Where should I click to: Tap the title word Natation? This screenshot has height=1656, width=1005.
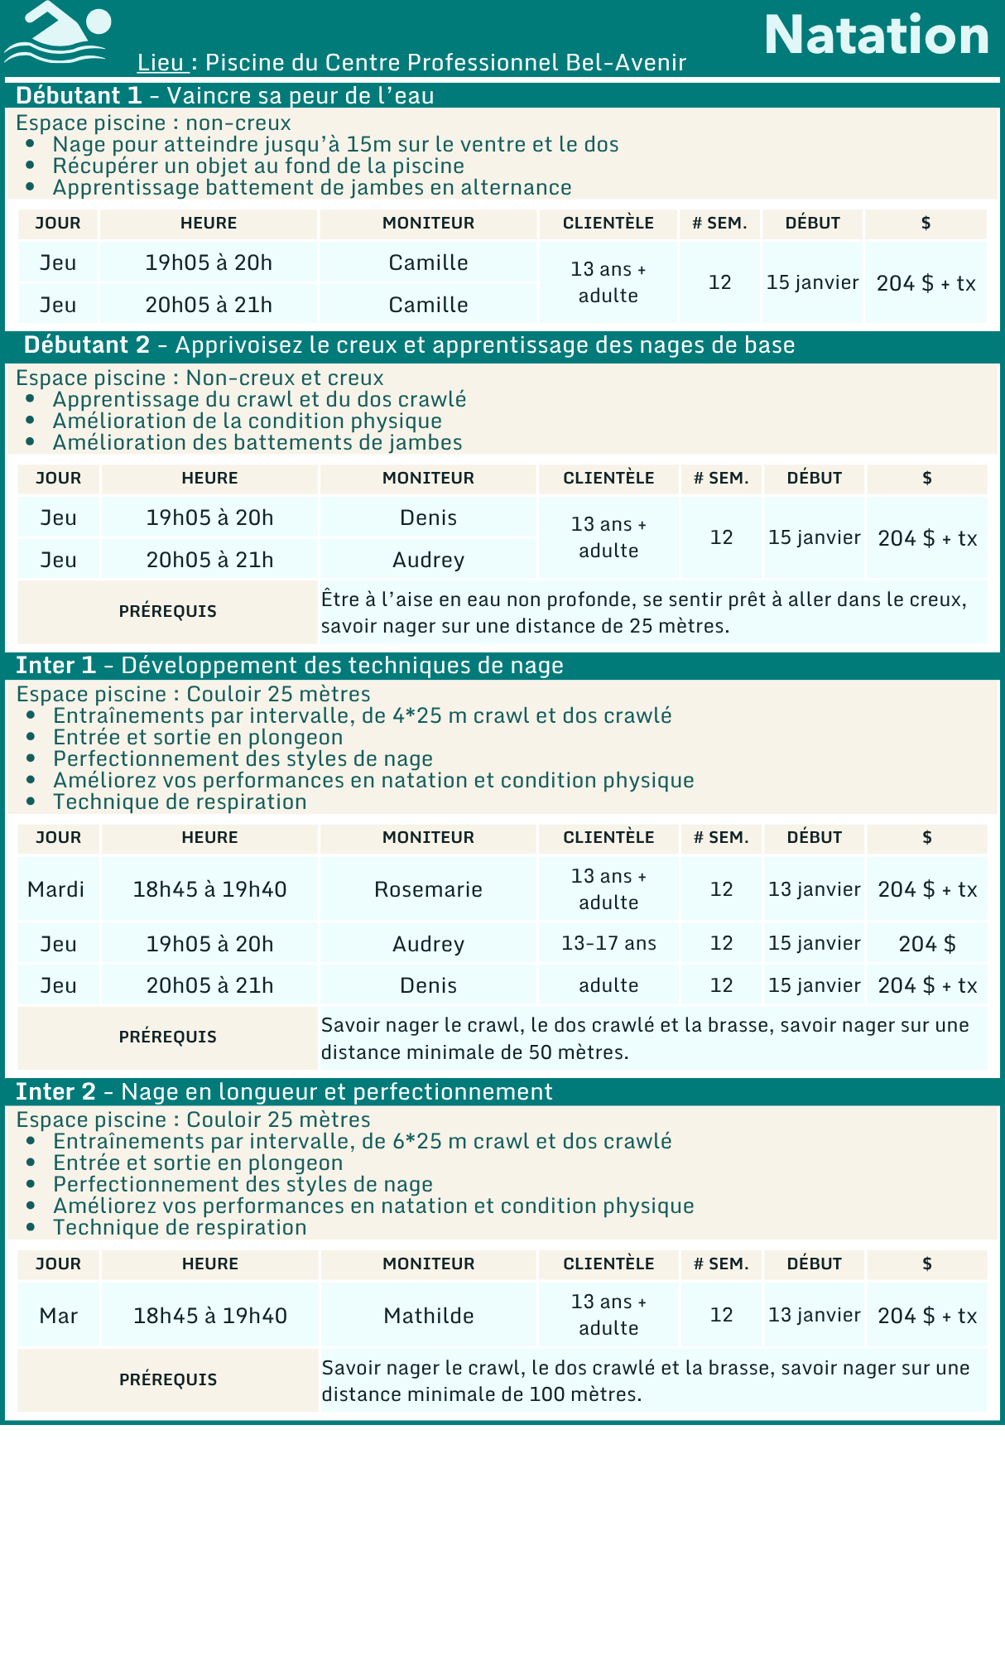876,35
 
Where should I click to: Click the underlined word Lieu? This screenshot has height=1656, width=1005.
161,62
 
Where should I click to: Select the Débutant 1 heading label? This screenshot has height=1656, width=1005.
79,95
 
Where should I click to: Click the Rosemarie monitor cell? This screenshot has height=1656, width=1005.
428,889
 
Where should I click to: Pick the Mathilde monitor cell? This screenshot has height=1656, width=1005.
428,1315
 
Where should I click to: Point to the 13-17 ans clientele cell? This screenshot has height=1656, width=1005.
608,943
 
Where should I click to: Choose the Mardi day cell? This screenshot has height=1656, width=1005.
56,889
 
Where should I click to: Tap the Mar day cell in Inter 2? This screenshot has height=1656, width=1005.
58,1315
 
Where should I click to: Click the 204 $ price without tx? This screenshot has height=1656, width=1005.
926,944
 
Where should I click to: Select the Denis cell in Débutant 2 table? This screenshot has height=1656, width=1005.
428,517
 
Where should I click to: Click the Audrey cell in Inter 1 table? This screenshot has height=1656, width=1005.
428,944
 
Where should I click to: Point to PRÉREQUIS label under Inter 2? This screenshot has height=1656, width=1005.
168,1379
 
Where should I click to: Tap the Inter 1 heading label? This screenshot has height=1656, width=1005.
56,666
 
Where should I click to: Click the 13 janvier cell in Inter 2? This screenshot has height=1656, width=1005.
814,1315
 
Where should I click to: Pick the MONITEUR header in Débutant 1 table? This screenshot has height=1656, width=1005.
428,223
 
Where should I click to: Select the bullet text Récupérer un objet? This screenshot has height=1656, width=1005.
258,166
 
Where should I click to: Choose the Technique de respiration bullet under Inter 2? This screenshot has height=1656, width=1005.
180,1227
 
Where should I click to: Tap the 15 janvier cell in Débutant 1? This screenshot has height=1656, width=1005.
812,282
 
